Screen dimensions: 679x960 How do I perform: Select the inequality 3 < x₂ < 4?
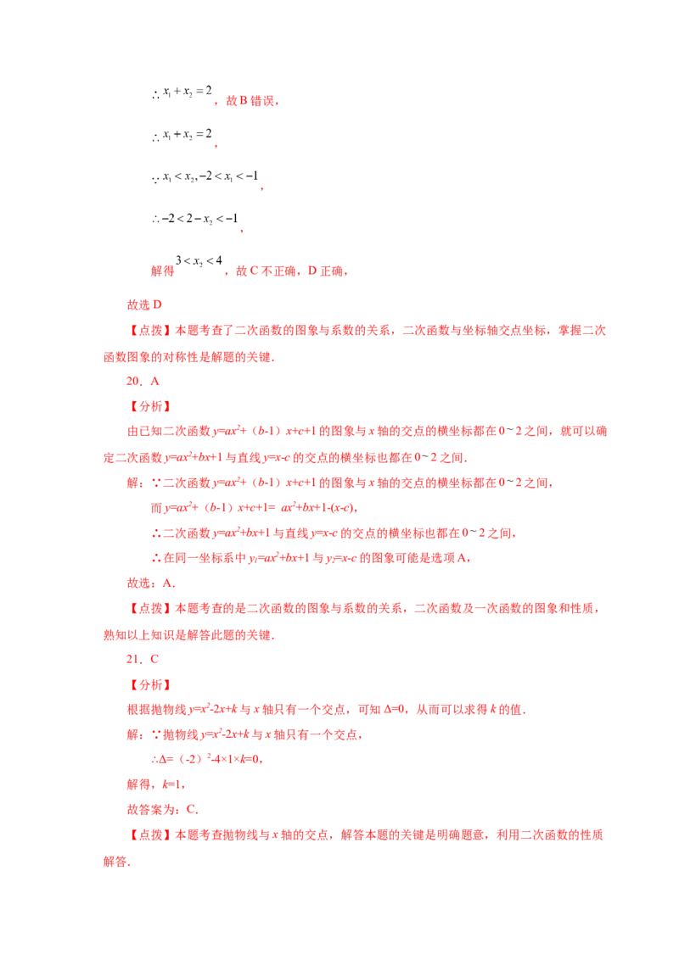coord(199,261)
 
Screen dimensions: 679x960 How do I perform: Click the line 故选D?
coord(144,305)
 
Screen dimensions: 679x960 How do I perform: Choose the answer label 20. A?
coord(143,382)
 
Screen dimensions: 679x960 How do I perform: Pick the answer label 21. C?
coord(143,660)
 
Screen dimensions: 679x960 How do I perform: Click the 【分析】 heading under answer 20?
coord(150,406)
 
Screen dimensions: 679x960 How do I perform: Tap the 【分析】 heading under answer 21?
coord(150,685)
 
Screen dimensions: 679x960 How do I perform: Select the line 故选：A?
coord(151,583)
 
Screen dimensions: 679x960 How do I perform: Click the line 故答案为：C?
coord(162,809)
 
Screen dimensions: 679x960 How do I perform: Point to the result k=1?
coord(172,784)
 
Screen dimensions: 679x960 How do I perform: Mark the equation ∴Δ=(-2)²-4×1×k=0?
coord(207,759)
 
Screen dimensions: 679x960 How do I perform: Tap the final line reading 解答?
coord(116,862)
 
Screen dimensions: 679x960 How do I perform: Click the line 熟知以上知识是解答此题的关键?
coord(188,635)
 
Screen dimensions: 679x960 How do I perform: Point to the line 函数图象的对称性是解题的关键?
coord(188,357)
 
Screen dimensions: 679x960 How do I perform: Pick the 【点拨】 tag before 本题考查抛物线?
coord(150,835)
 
